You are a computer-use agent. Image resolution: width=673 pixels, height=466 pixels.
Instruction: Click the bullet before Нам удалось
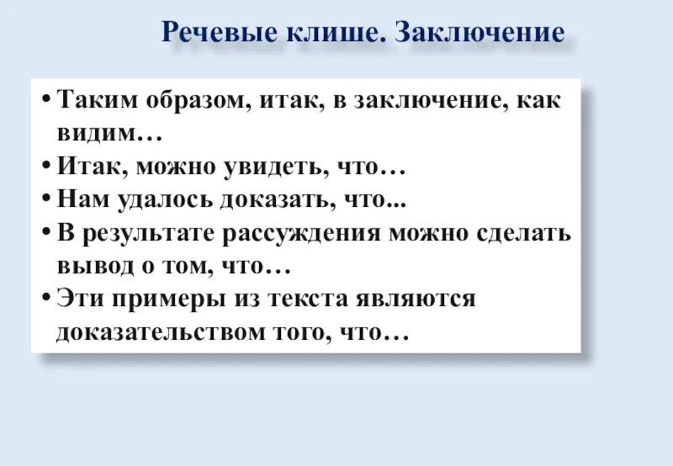(x=45, y=200)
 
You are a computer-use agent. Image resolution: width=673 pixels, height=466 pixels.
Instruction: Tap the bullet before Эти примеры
(x=45, y=299)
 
